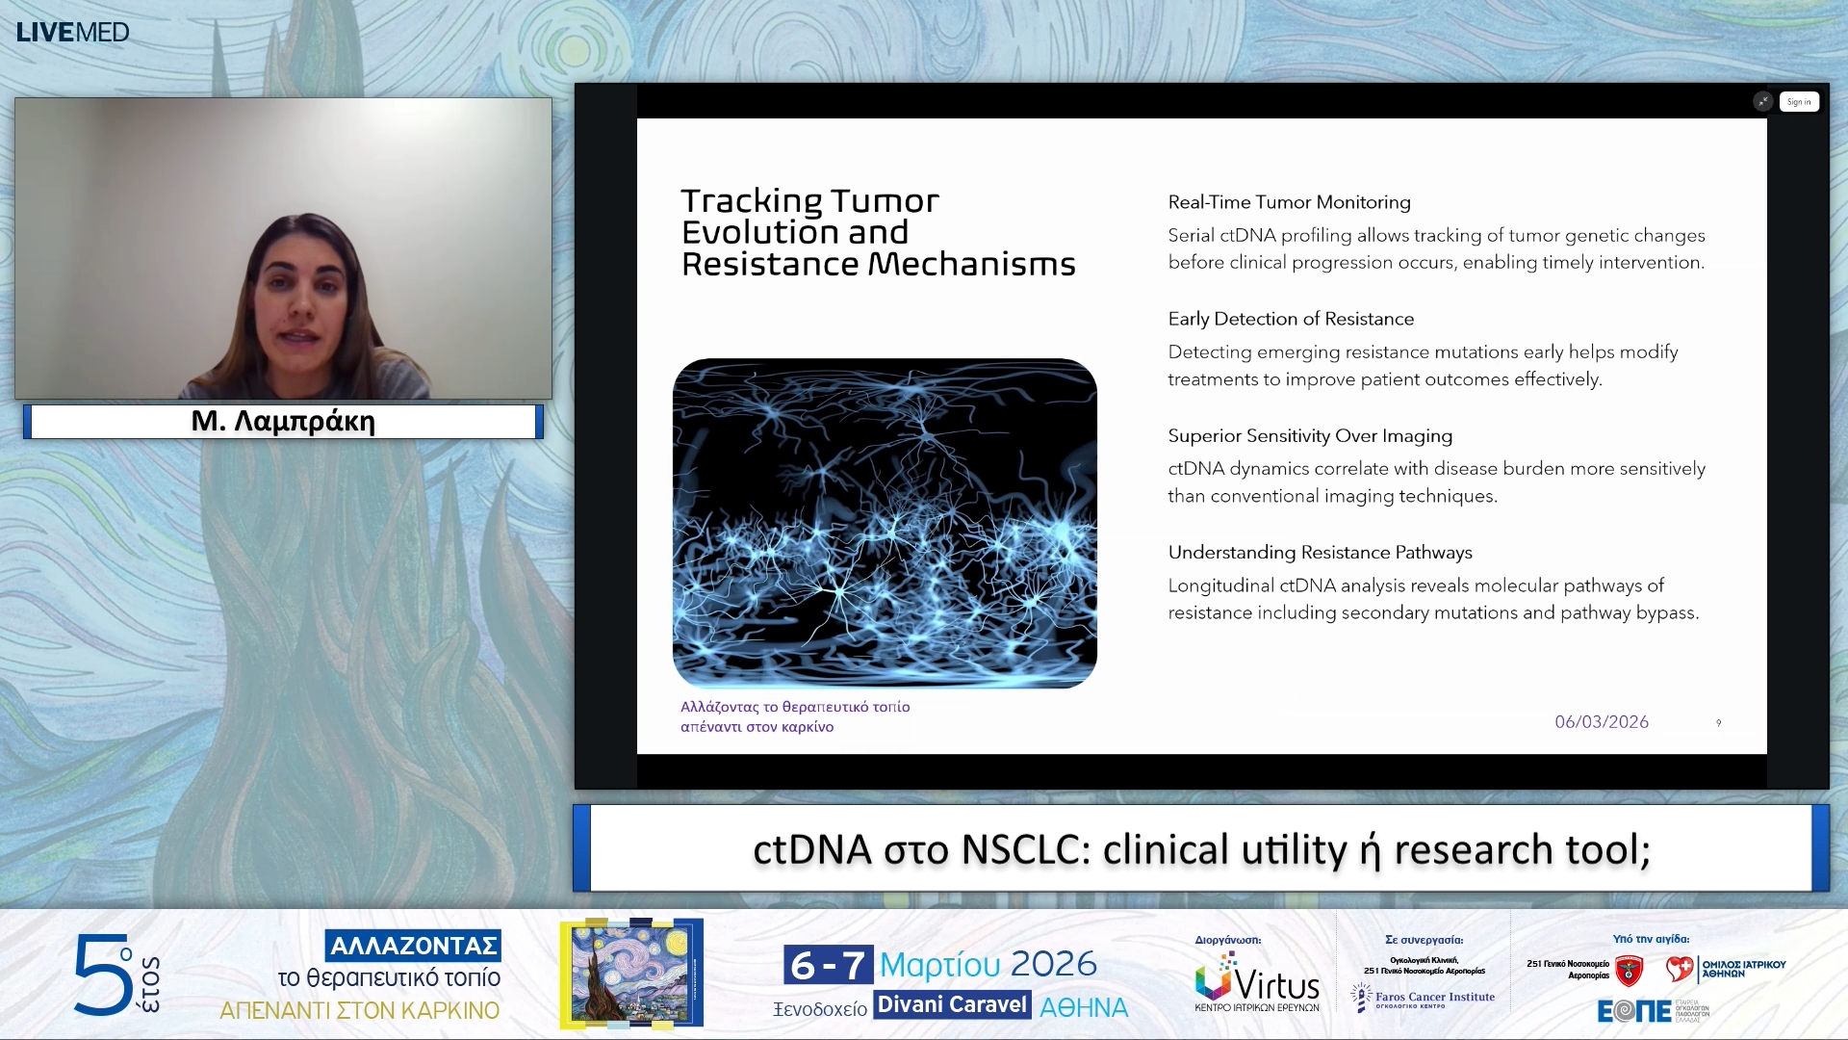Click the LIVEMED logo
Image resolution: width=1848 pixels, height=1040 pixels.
72,32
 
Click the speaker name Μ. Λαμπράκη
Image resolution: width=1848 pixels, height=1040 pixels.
283,421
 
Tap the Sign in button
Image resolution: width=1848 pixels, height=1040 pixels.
1798,102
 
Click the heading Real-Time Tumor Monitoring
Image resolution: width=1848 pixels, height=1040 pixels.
1289,202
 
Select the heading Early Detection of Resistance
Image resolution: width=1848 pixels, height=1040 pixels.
1290,319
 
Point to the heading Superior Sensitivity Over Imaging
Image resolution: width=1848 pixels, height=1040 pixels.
1309,435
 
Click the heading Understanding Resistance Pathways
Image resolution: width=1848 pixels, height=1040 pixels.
1320,552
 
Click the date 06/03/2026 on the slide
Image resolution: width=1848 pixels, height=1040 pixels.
1601,721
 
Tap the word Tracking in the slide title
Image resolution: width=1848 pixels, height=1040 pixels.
751,201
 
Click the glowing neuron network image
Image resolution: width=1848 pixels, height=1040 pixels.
884,523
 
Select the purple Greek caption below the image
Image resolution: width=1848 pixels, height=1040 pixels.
794,716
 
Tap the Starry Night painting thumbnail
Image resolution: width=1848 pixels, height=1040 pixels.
631,973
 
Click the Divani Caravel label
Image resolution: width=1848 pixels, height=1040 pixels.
952,1004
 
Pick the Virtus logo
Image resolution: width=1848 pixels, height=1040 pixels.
1256,982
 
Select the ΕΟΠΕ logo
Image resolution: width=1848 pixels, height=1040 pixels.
1633,1011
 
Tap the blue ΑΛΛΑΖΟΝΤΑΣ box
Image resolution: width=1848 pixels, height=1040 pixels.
413,946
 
